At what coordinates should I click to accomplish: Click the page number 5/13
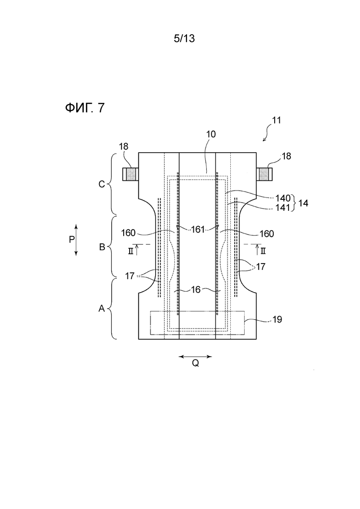pyautogui.click(x=184, y=39)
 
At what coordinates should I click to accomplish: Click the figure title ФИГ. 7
pyautogui.click(x=85, y=108)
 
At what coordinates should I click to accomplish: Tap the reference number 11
pyautogui.click(x=276, y=120)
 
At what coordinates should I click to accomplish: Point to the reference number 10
pyautogui.click(x=211, y=134)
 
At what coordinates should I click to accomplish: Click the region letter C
pyautogui.click(x=102, y=185)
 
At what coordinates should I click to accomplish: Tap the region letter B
pyautogui.click(x=102, y=247)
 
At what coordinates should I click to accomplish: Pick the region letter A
pyautogui.click(x=102, y=308)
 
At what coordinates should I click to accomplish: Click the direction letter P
pyautogui.click(x=72, y=240)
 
